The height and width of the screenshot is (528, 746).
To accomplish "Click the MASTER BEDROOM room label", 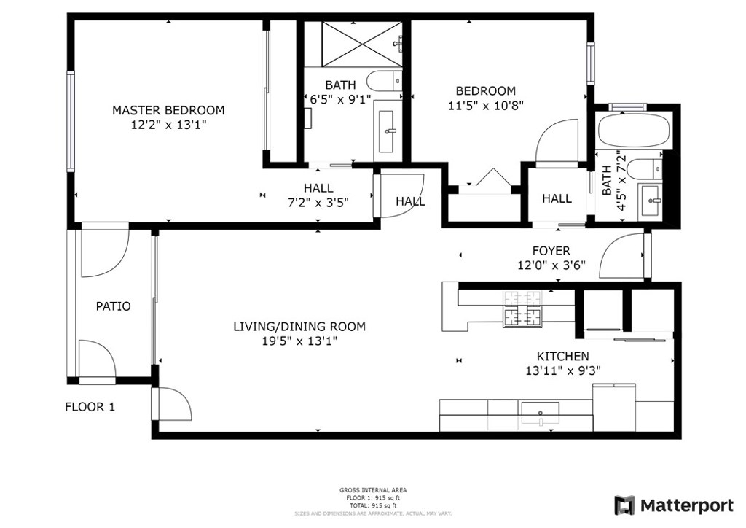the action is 168,110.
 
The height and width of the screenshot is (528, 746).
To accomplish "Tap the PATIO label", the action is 113,306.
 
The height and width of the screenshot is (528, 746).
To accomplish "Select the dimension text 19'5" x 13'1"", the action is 299,341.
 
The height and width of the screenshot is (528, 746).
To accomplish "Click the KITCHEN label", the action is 563,356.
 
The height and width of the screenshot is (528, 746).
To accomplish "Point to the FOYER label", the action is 551,251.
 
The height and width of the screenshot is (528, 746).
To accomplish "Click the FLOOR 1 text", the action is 90,407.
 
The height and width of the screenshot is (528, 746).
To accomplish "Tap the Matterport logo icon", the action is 624,505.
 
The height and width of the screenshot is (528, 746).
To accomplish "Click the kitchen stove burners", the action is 522,309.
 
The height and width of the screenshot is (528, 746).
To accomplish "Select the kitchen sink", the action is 541,412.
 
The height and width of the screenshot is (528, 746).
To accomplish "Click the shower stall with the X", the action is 361,43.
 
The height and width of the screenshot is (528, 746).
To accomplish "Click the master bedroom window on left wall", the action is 71,121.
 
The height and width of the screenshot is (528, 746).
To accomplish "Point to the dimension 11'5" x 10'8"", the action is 486,105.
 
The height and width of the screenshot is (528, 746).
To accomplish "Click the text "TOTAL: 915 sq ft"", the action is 373,505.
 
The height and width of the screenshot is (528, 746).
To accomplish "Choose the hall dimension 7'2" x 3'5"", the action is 318,203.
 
